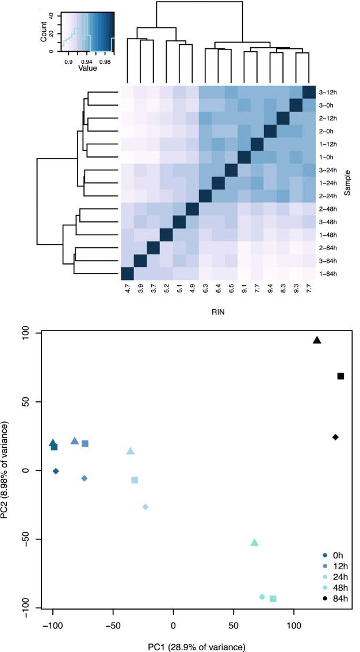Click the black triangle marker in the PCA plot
pos(317,340)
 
